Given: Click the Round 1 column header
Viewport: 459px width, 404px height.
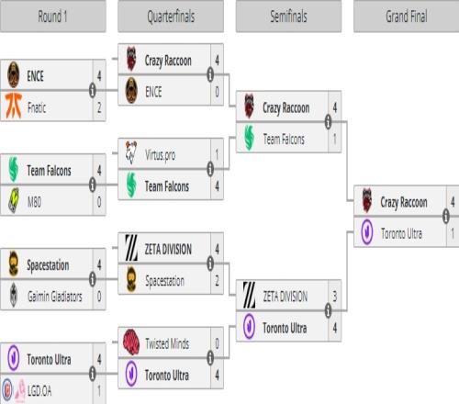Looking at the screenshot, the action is pyautogui.click(x=52, y=17).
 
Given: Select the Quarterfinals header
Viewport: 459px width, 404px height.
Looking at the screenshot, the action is pyautogui.click(x=171, y=17).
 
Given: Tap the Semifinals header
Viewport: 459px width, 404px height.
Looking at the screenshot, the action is pyautogui.click(x=288, y=17).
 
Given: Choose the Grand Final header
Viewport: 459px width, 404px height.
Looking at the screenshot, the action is pyautogui.click(x=407, y=17).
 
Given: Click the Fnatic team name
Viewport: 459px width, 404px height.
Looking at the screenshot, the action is pyautogui.click(x=37, y=107).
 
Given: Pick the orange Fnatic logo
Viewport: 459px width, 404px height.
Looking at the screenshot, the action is pyautogui.click(x=14, y=106).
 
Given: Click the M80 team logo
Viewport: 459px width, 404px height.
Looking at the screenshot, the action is pyautogui.click(x=14, y=200).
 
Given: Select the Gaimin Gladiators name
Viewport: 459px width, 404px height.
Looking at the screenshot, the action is pyautogui.click(x=55, y=297).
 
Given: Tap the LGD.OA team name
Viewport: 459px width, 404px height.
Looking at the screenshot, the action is pyautogui.click(x=39, y=391).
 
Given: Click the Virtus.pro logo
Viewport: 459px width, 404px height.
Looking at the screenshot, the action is pyautogui.click(x=131, y=152).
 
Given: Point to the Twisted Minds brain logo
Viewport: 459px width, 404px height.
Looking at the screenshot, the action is pyautogui.click(x=131, y=342).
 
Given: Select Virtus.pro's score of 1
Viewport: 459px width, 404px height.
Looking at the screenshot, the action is pyautogui.click(x=217, y=154).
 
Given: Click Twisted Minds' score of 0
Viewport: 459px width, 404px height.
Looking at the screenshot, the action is pyautogui.click(x=217, y=343).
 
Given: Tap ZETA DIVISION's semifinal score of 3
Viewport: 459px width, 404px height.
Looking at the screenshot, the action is pyautogui.click(x=335, y=296).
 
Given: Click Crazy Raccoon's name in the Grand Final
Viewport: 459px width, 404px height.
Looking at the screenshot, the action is pyautogui.click(x=404, y=202).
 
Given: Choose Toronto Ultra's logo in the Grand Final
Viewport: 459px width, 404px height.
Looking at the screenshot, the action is pyautogui.click(x=367, y=232).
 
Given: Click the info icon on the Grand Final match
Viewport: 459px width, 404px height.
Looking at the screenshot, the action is pyautogui.click(x=446, y=216).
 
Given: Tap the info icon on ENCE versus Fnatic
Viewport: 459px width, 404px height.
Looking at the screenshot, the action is pyautogui.click(x=93, y=90).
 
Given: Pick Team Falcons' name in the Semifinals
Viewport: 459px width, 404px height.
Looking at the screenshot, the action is pyautogui.click(x=284, y=139).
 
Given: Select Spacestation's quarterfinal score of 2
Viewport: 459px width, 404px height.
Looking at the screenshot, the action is pyautogui.click(x=217, y=281).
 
